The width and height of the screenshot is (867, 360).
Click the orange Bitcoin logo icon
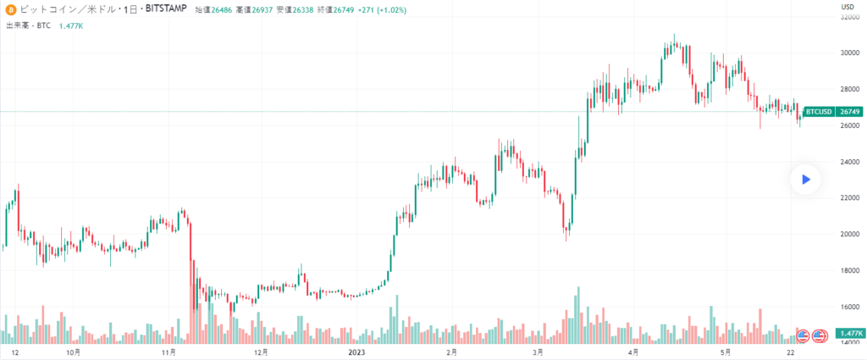[11, 10]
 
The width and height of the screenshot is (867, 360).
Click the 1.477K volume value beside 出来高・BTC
[72, 26]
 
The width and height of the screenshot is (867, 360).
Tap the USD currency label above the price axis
[846, 7]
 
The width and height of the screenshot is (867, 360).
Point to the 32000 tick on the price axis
[848, 16]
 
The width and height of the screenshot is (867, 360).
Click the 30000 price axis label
[848, 53]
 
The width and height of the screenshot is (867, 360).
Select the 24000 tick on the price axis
[848, 161]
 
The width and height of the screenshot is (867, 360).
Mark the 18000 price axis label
[848, 270]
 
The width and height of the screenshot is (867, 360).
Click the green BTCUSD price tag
[818, 111]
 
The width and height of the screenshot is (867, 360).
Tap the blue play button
[806, 180]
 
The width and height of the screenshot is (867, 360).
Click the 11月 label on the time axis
[168, 351]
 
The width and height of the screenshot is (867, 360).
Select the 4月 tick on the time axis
[632, 351]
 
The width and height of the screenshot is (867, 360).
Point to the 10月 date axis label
[74, 351]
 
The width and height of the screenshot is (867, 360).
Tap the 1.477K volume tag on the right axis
[848, 334]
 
